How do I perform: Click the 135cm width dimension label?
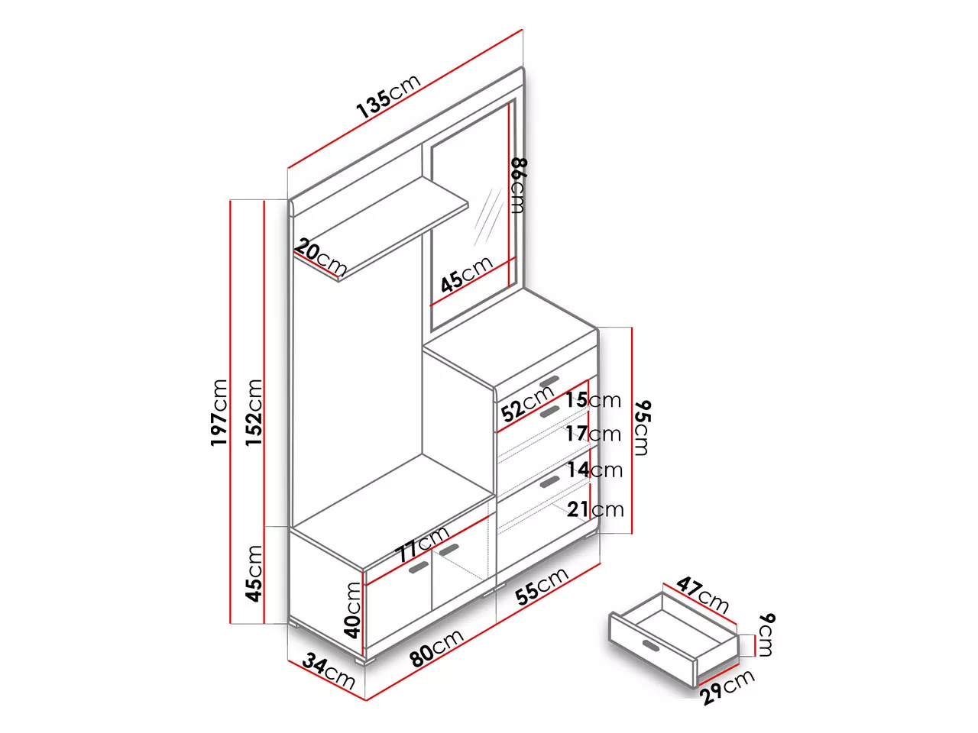tap(389, 96)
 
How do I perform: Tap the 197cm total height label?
tap(219, 412)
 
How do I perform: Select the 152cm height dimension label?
tap(254, 412)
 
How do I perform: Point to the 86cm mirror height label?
tap(518, 186)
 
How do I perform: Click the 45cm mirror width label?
tap(467, 275)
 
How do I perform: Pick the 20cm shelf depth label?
tap(320, 257)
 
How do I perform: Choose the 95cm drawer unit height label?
tap(642, 428)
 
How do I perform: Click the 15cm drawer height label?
tap(593, 400)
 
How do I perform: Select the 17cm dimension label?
tap(593, 434)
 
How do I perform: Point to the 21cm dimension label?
tap(595, 509)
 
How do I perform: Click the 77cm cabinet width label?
tap(422, 544)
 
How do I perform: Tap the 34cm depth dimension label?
tap(329, 672)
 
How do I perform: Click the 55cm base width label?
tap(542, 586)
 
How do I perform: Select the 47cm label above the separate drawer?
tap(702, 595)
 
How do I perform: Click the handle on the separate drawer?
tap(652, 645)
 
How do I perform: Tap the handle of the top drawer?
tap(549, 381)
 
